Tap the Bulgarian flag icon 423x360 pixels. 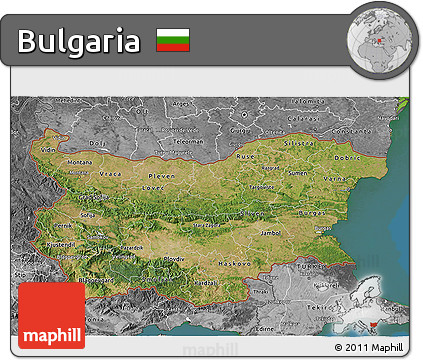pos(173,41)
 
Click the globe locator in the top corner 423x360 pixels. pos(378,37)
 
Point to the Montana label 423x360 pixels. pos(79,163)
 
